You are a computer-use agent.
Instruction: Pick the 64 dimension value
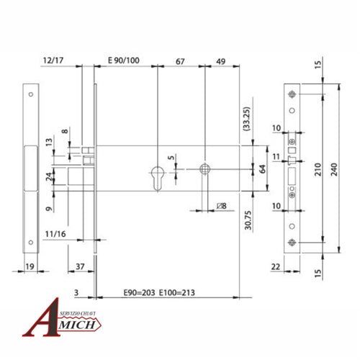point(263,170)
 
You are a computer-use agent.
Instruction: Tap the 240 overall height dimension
point(332,171)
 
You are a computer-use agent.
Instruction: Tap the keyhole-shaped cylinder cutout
point(158,176)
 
